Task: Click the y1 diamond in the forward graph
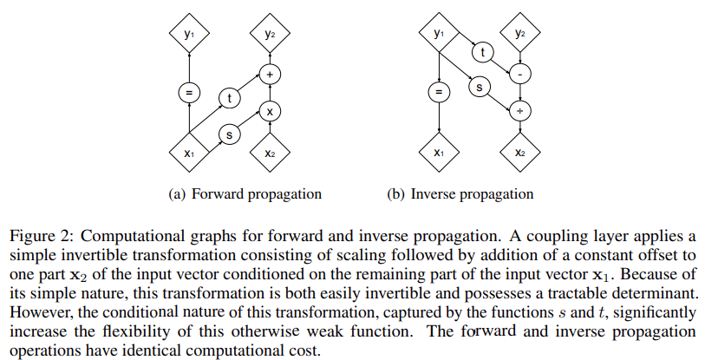[189, 34]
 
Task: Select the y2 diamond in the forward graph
[269, 34]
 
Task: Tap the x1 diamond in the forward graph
[189, 153]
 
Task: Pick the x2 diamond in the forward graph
[269, 153]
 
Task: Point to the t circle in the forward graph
[229, 98]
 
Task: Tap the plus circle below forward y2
[269, 75]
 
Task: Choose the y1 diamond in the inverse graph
[440, 34]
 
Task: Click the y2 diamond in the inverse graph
[519, 34]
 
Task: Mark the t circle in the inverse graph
[480, 54]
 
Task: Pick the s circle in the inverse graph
[480, 87]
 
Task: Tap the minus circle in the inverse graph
[519, 75]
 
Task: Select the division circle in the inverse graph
[519, 112]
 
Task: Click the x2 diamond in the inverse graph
[519, 153]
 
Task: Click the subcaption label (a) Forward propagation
[245, 193]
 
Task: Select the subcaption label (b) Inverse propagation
[460, 193]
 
